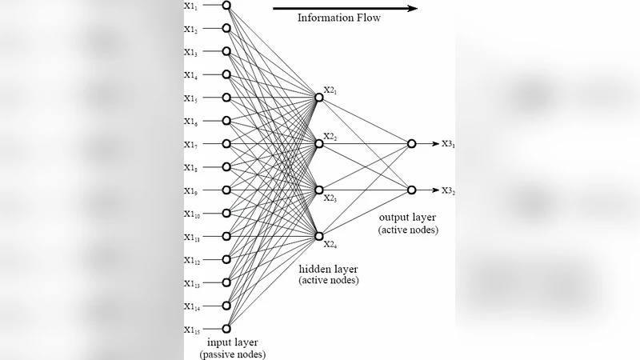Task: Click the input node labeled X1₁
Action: pyautogui.click(x=226, y=6)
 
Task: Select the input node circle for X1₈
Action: pyautogui.click(x=226, y=167)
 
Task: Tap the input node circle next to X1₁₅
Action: pyautogui.click(x=226, y=329)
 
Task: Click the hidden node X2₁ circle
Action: pyautogui.click(x=319, y=98)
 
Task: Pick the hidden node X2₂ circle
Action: pyautogui.click(x=319, y=144)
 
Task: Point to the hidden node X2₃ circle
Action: pyautogui.click(x=319, y=190)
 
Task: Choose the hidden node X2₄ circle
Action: pyautogui.click(x=319, y=236)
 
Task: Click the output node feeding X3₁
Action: pyautogui.click(x=411, y=144)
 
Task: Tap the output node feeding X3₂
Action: pyautogui.click(x=411, y=190)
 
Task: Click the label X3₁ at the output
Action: pyautogui.click(x=448, y=144)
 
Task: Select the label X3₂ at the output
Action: pyautogui.click(x=448, y=190)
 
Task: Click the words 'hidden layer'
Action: pyautogui.click(x=328, y=269)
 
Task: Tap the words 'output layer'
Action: pyautogui.click(x=408, y=217)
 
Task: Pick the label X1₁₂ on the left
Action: pyautogui.click(x=192, y=261)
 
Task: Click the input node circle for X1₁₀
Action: pyautogui.click(x=226, y=213)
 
